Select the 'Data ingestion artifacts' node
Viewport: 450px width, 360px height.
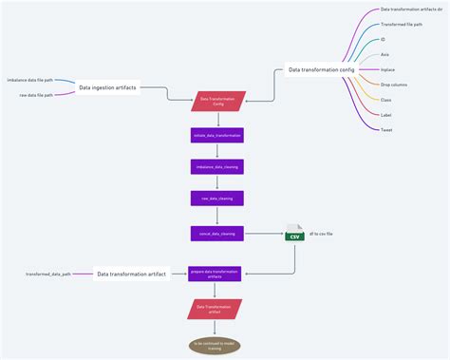pyautogui.click(x=106, y=87)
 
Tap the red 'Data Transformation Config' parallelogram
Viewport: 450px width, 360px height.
pyautogui.click(x=216, y=101)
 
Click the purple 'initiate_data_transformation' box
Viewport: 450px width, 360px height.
pyautogui.click(x=216, y=135)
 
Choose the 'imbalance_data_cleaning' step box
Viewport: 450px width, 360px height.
pyautogui.click(x=216, y=166)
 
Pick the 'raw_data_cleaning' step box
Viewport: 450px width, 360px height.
pyautogui.click(x=216, y=199)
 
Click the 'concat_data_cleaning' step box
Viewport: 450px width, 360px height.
pyautogui.click(x=216, y=232)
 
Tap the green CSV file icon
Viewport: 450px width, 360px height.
pyautogui.click(x=294, y=233)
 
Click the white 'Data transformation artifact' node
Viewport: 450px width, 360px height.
pyautogui.click(x=132, y=274)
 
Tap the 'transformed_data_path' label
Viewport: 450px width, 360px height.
pyautogui.click(x=47, y=274)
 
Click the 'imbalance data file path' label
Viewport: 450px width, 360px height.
pyautogui.click(x=29, y=80)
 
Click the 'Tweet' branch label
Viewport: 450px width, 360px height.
pyautogui.click(x=386, y=129)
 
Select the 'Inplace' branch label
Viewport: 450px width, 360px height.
pyautogui.click(x=389, y=69)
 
